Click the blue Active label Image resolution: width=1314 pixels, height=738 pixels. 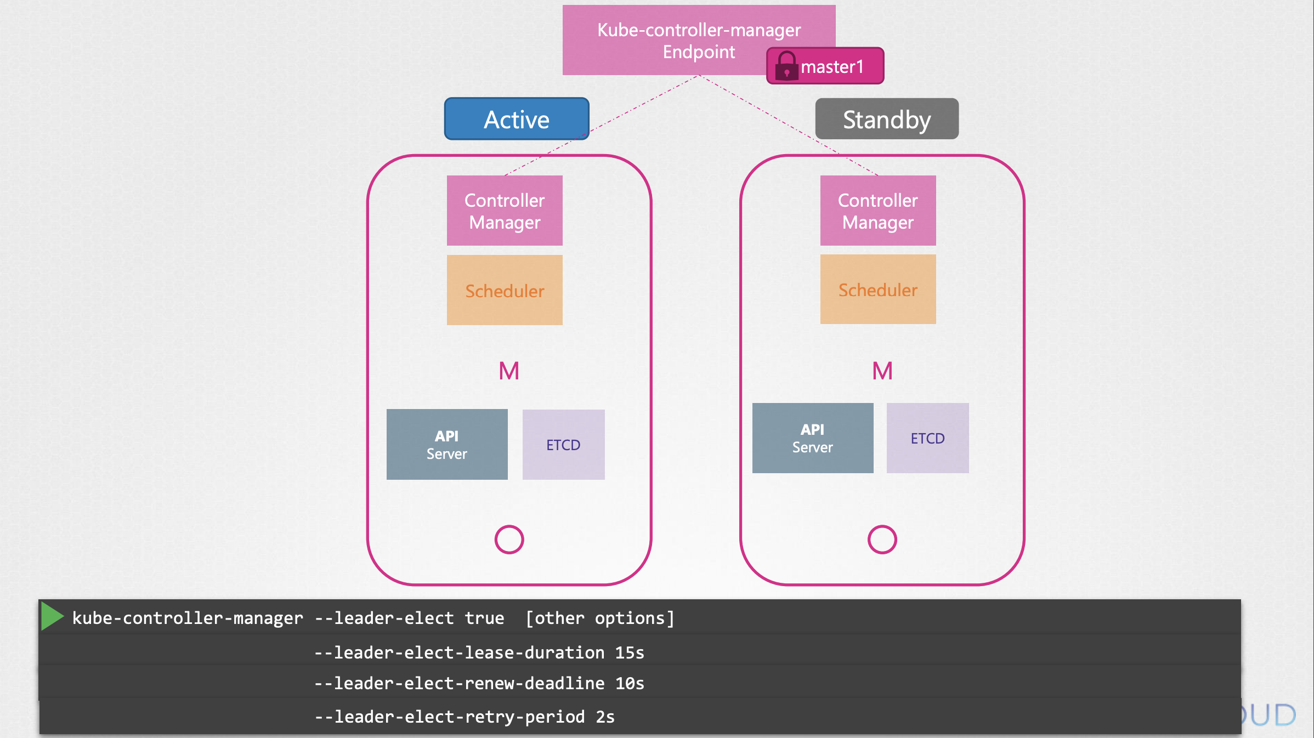click(517, 119)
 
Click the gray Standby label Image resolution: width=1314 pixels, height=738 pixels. click(887, 119)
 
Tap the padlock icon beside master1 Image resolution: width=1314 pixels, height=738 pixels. click(786, 66)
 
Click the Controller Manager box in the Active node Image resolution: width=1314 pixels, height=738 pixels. click(505, 211)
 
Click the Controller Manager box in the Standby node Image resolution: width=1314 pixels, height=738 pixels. click(878, 211)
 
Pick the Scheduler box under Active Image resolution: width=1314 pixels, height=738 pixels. click(505, 290)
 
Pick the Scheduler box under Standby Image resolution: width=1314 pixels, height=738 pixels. click(878, 289)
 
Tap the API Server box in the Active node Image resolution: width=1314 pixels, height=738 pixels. click(447, 444)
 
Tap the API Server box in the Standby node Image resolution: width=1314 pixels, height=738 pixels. click(813, 438)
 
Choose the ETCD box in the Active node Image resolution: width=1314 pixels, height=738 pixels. click(564, 445)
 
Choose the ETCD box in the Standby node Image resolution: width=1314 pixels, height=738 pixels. click(928, 438)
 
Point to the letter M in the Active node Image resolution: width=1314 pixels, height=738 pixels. click(509, 371)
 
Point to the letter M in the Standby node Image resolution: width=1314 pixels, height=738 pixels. click(882, 371)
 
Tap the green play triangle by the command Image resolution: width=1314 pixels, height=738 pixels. click(52, 616)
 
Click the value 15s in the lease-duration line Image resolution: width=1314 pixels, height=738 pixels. click(630, 652)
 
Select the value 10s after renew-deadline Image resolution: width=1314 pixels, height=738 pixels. click(630, 683)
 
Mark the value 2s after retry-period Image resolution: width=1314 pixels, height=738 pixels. click(605, 717)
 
